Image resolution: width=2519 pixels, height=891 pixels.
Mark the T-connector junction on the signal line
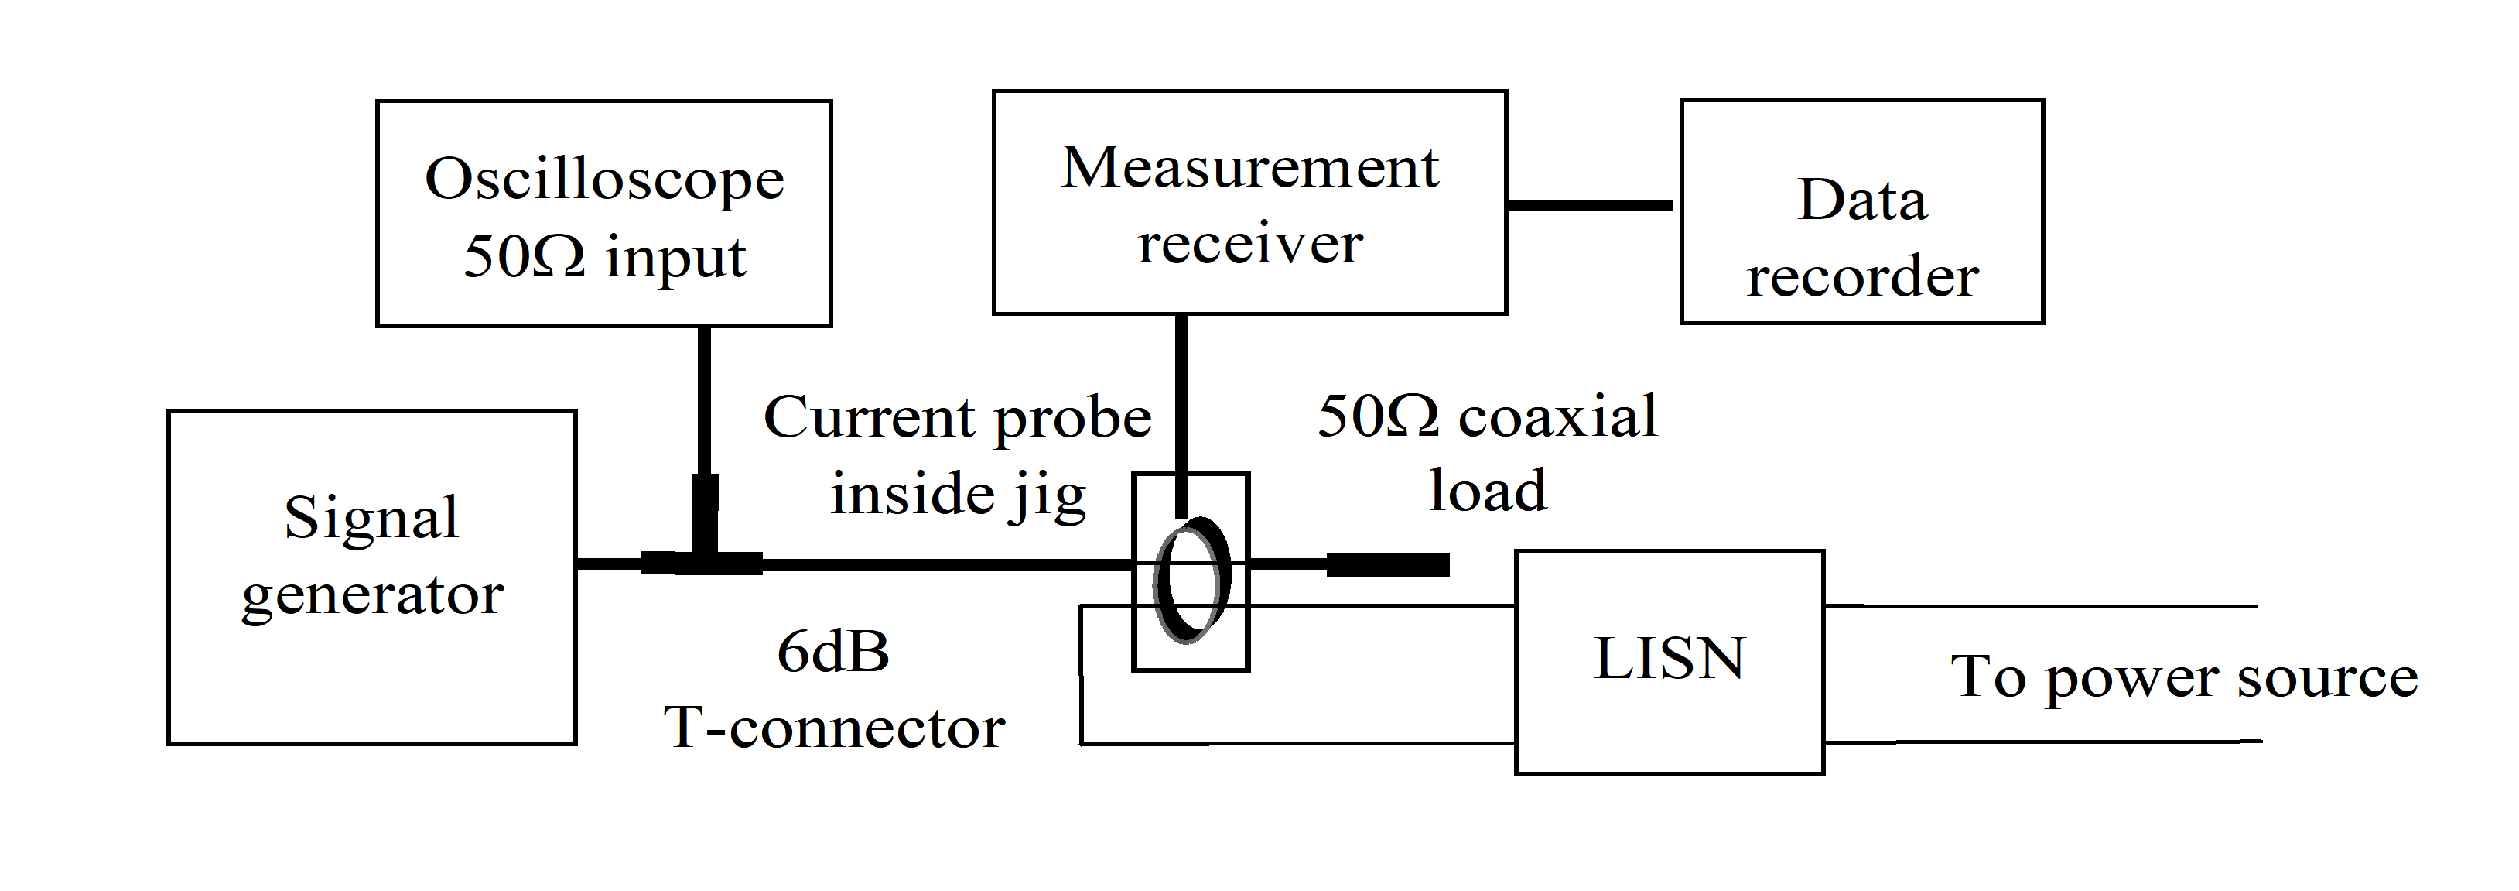tap(702, 562)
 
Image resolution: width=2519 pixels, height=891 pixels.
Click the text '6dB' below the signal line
tap(833, 653)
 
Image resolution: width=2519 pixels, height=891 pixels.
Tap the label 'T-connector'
tap(834, 728)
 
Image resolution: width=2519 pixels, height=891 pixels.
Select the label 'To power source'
tap(2183, 677)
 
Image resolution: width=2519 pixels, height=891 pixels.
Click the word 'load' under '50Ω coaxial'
tap(1488, 491)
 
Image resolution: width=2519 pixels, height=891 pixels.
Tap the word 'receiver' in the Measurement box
tap(1249, 244)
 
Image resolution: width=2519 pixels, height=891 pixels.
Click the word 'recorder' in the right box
tap(1862, 277)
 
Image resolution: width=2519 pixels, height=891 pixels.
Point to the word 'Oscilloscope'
tap(603, 179)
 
